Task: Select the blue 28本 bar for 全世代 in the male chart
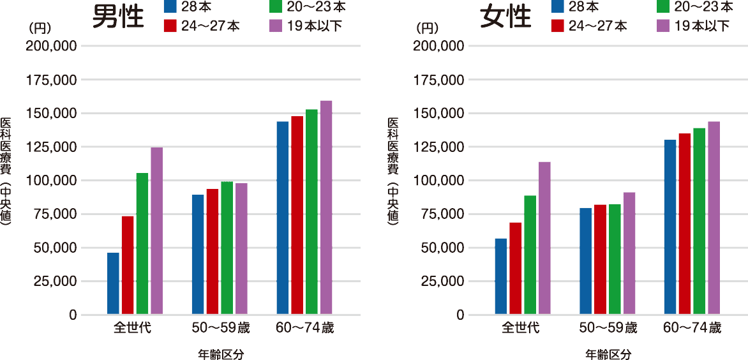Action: [x=113, y=283]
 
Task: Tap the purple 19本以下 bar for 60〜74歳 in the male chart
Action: [x=325, y=207]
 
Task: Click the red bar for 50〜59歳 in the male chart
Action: [x=213, y=251]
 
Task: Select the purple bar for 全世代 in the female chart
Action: [x=544, y=238]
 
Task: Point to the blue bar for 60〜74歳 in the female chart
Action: [x=670, y=227]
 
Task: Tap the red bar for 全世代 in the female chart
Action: [x=515, y=268]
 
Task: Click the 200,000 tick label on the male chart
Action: [x=50, y=47]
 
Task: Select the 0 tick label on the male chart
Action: [x=72, y=315]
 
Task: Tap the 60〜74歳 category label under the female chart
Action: [x=692, y=329]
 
